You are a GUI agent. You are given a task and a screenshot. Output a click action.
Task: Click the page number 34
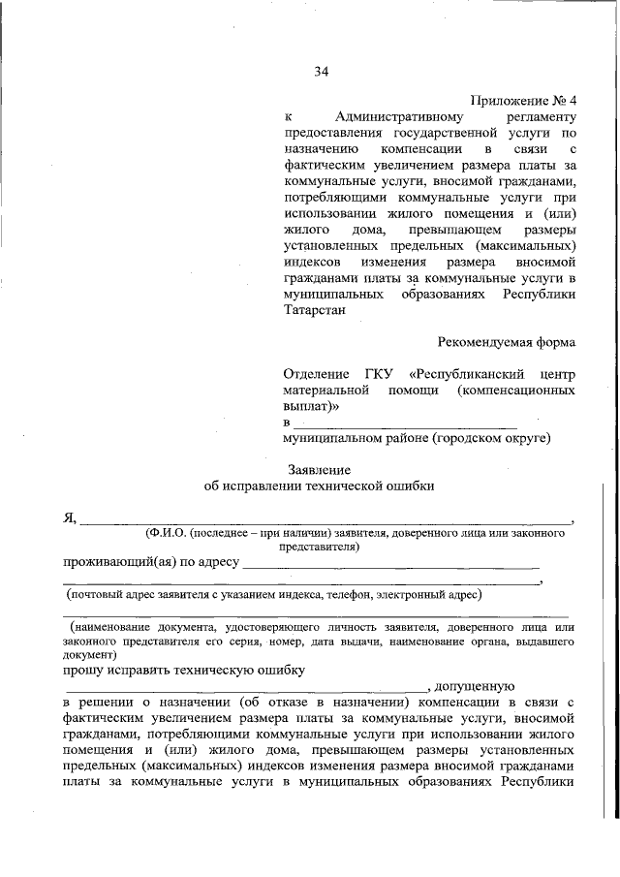tap(323, 71)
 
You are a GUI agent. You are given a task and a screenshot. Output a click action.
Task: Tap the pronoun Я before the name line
tap(69, 517)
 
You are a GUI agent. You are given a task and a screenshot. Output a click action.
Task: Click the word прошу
tap(83, 669)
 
